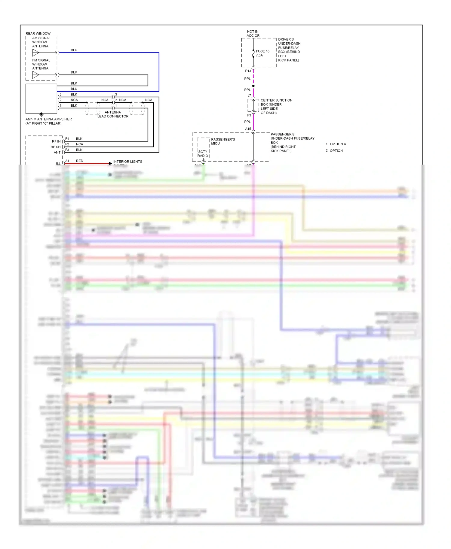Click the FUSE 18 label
coord(262,51)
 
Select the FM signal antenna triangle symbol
coord(35,75)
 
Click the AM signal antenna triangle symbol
coord(35,53)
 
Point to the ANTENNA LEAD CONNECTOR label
coord(113,114)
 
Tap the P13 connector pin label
coord(248,71)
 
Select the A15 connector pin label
coord(248,129)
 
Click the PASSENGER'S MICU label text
coord(222,141)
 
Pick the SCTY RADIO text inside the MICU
coord(203,154)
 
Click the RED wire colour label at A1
coord(79,161)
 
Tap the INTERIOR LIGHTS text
coord(127,162)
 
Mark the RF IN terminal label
coord(56,141)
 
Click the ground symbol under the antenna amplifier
coord(41,114)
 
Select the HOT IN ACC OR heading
coord(253,34)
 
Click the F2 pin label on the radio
coord(67,144)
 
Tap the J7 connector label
coord(249,96)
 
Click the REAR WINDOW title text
coord(38,34)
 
